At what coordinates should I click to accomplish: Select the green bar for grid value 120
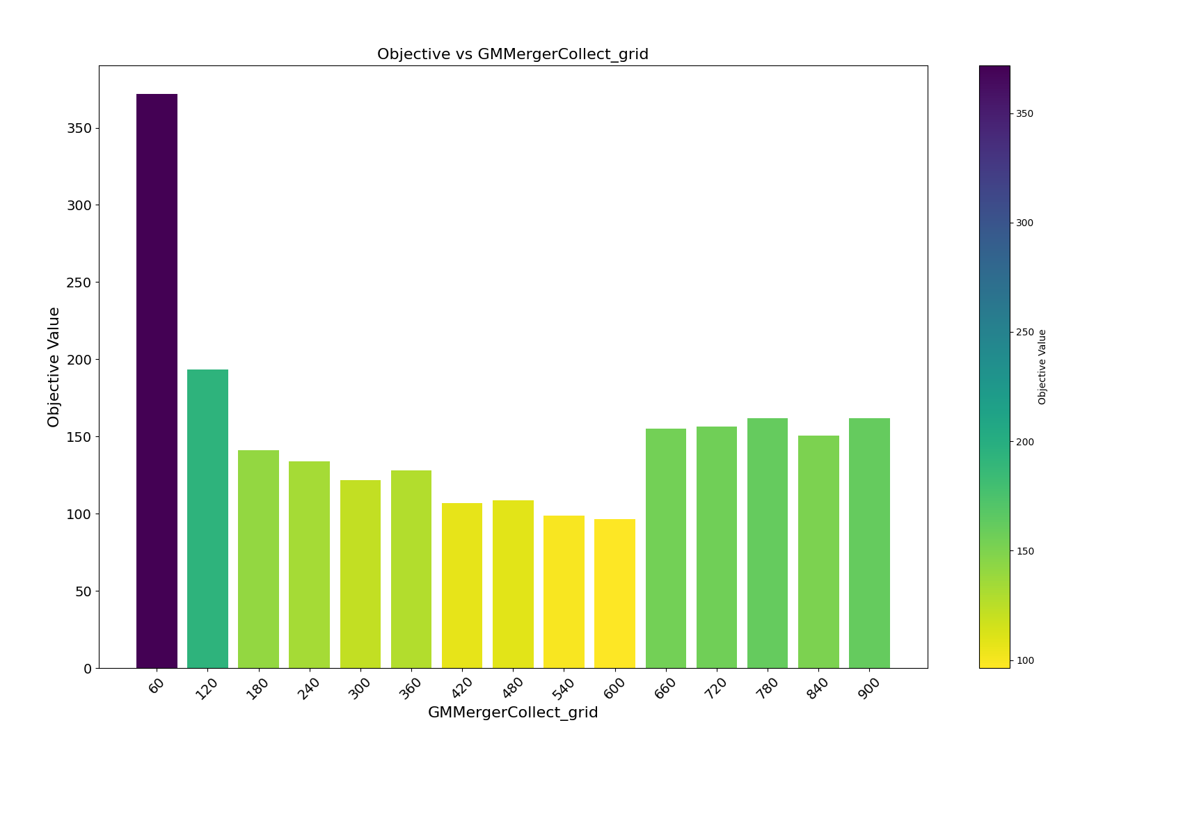click(x=207, y=518)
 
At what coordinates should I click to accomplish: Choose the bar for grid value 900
click(x=869, y=543)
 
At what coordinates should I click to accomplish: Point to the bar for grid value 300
click(x=360, y=574)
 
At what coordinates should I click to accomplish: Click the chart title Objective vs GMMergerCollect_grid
click(x=513, y=54)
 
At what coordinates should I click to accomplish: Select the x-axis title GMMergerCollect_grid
click(x=513, y=713)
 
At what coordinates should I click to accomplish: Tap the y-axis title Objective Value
click(x=54, y=367)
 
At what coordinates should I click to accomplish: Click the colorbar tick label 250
click(x=1024, y=333)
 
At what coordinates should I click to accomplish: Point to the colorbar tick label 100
click(x=1024, y=660)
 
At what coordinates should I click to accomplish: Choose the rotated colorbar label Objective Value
click(x=1042, y=367)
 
